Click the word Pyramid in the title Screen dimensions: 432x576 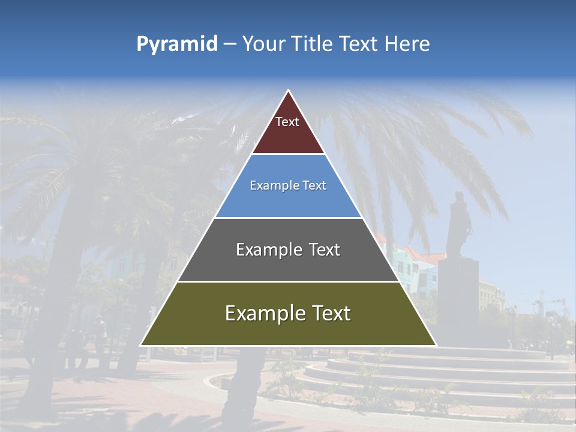coord(177,44)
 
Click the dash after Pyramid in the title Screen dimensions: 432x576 coord(230,44)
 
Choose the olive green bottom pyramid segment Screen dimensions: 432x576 coord(289,330)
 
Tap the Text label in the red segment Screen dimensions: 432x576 coord(287,122)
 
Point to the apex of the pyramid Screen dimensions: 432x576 coord(289,91)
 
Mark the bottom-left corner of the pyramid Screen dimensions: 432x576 coord(141,345)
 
